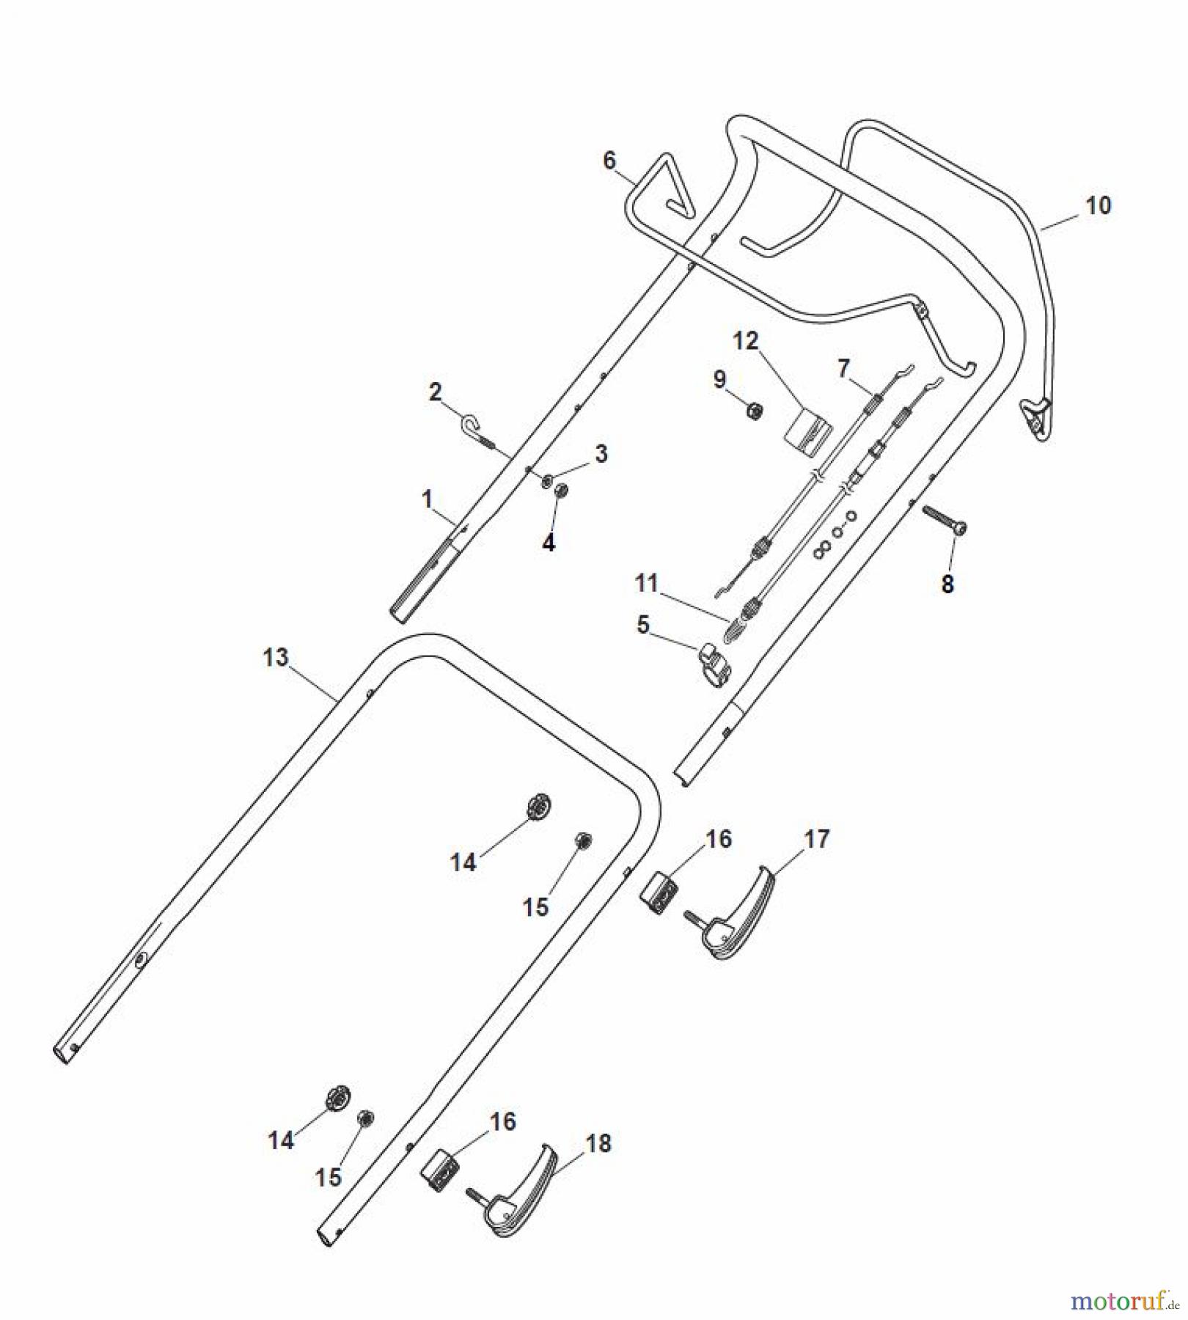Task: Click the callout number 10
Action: click(1098, 206)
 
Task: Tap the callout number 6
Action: click(609, 161)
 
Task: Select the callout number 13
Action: click(276, 657)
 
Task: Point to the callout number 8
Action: click(947, 584)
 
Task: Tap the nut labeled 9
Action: click(753, 411)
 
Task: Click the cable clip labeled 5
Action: click(716, 664)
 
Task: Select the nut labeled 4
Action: click(562, 492)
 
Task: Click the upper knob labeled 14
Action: click(539, 808)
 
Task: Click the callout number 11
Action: click(647, 583)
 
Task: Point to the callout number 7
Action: click(843, 368)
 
